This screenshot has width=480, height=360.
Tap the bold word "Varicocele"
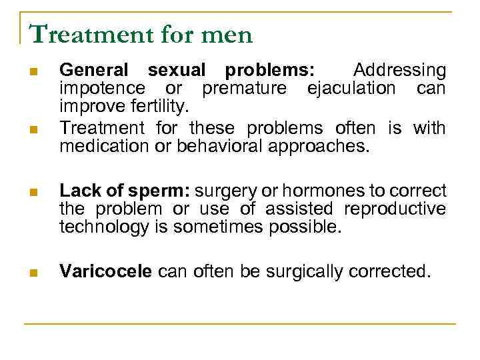pos(107,271)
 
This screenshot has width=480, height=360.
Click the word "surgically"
pos(303,271)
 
